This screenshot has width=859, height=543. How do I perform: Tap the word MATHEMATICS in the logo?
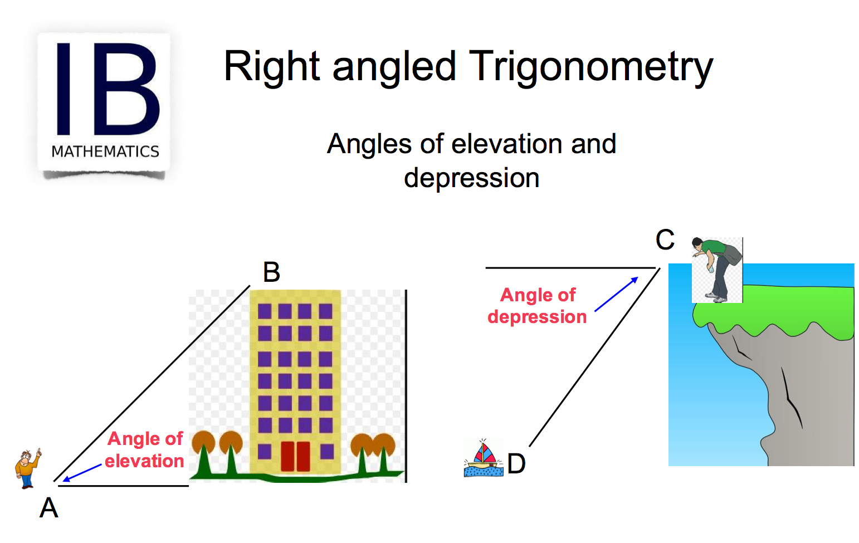105,151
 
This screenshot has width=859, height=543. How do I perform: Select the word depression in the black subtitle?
471,178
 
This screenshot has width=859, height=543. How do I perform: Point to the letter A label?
49,508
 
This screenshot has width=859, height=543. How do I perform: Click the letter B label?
271,272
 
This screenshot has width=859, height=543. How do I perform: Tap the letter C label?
665,240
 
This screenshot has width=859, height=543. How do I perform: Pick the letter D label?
516,463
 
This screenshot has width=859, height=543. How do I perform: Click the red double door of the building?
295,456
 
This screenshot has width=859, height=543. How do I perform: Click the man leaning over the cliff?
716,270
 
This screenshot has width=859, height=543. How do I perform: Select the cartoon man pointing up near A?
27,468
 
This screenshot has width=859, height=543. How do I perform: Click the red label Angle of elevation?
145,450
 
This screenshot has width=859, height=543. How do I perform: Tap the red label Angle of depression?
537,306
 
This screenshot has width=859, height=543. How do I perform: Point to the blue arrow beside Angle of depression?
617,294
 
